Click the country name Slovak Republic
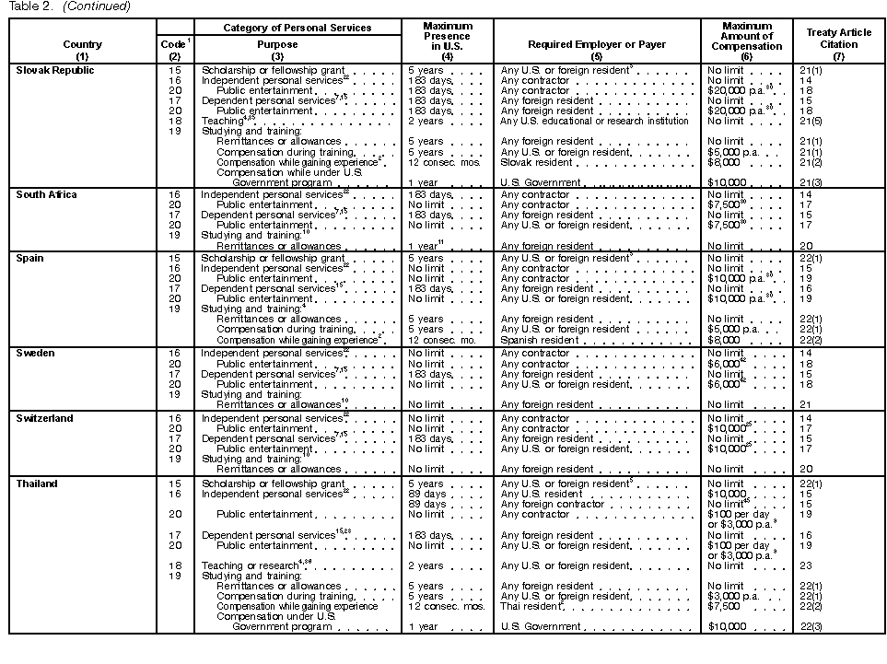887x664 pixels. pyautogui.click(x=55, y=71)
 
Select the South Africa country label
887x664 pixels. pyautogui.click(x=46, y=195)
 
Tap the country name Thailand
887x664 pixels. pyautogui.click(x=37, y=484)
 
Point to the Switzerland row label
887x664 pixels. pyautogui.click(x=43, y=419)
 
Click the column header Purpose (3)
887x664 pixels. pyautogui.click(x=277, y=50)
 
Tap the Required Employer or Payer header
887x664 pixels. pyautogui.click(x=596, y=44)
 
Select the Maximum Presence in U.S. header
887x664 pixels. pyautogui.click(x=447, y=38)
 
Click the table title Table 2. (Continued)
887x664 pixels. pyautogui.click(x=69, y=6)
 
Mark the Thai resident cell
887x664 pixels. pyautogui.click(x=531, y=607)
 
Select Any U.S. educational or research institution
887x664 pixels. pyautogui.click(x=594, y=122)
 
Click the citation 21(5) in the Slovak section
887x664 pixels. pyautogui.click(x=812, y=122)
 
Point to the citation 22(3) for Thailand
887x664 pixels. pyautogui.click(x=812, y=627)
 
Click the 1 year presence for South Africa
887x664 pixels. pyautogui.click(x=425, y=247)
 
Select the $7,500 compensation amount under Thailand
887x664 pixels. pyautogui.click(x=724, y=607)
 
